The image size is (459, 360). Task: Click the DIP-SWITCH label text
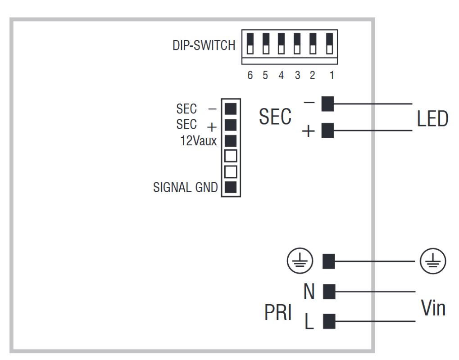[204, 46]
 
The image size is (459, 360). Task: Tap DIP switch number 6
[250, 43]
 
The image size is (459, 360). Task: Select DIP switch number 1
[330, 43]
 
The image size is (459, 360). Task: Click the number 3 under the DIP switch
[297, 76]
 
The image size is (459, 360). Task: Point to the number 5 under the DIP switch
[265, 76]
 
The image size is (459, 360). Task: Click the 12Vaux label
[199, 141]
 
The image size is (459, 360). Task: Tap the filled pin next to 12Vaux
[231, 140]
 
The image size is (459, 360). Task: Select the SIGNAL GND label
[186, 188]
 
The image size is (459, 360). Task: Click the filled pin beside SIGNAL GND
[231, 188]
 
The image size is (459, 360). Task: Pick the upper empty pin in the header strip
[231, 156]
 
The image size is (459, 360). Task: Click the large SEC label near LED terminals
[275, 117]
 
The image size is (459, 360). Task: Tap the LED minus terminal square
[327, 104]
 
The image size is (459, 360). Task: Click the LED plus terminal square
[327, 131]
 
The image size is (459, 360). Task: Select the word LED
[432, 119]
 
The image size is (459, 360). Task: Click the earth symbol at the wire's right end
[432, 261]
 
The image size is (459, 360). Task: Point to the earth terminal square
[329, 261]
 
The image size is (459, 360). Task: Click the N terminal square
[329, 291]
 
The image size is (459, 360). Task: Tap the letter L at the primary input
[309, 322]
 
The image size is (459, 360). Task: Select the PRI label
[278, 313]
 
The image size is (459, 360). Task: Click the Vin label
[433, 308]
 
